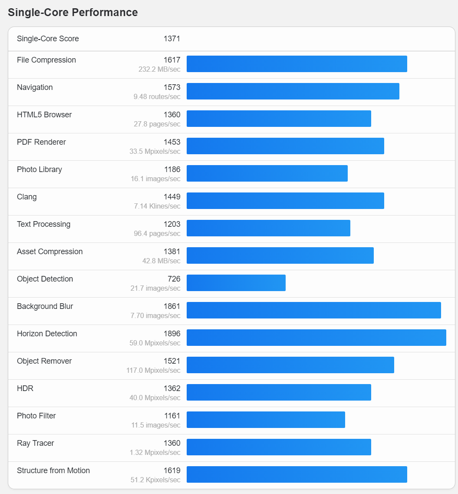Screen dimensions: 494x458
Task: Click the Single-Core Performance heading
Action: point(73,13)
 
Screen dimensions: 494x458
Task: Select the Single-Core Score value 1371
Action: point(172,39)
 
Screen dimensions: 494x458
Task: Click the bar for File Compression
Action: point(297,64)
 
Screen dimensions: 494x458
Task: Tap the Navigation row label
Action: point(35,87)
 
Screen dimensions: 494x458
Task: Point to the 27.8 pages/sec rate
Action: point(157,124)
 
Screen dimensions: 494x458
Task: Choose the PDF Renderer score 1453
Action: point(172,142)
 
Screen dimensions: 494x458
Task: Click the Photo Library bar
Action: point(267,173)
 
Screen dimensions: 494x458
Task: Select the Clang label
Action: point(27,197)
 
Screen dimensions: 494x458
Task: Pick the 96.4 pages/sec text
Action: point(157,234)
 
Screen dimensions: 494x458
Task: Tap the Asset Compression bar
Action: point(280,255)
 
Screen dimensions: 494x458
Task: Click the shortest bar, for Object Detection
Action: point(236,283)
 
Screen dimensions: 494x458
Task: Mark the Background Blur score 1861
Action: point(172,306)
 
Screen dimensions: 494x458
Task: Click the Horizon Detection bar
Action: point(316,338)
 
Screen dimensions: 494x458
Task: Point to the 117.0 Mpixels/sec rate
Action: point(153,371)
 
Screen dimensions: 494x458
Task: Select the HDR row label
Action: point(25,388)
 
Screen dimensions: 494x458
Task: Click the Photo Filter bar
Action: point(266,420)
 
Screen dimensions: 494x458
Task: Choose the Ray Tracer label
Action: point(36,443)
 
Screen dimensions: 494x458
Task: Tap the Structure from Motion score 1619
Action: point(172,471)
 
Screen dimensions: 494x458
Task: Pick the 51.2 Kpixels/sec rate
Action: point(155,480)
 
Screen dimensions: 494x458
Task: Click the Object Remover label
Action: point(44,361)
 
